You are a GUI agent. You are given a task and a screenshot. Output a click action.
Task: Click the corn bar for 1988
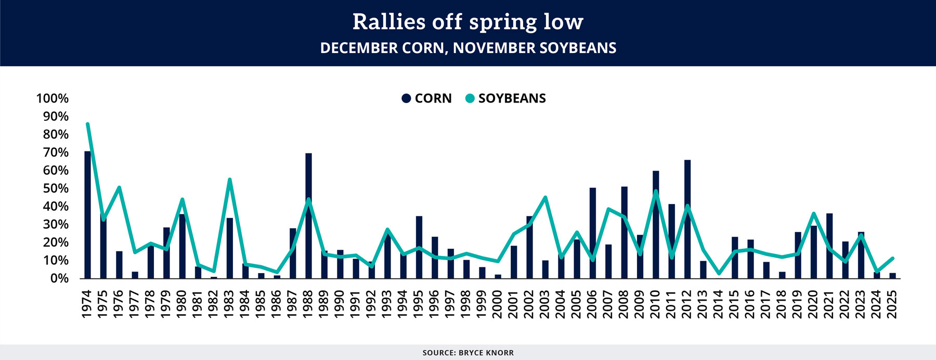pyautogui.click(x=308, y=216)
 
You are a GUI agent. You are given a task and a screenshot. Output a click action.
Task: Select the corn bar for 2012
pyautogui.click(x=687, y=219)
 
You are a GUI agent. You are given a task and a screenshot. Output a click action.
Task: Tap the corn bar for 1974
pyautogui.click(x=87, y=215)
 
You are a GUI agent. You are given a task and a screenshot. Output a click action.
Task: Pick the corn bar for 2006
pyautogui.click(x=593, y=233)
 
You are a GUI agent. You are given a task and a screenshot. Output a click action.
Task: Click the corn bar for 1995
pyautogui.click(x=419, y=247)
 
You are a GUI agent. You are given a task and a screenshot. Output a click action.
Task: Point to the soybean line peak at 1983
pyautogui.click(x=229, y=179)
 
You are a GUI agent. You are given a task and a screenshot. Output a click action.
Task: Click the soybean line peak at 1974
pyautogui.click(x=87, y=124)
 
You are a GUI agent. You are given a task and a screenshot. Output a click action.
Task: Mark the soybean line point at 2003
pyautogui.click(x=545, y=197)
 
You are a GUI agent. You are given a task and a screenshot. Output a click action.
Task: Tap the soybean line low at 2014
pyautogui.click(x=719, y=273)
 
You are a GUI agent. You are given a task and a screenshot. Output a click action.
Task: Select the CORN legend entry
pyautogui.click(x=426, y=98)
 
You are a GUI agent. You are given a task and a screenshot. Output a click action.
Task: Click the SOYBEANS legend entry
pyautogui.click(x=505, y=98)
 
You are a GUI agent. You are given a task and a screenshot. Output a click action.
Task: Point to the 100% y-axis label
pyautogui.click(x=52, y=98)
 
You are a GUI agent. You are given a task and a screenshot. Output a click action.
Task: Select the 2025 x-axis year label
pyautogui.click(x=893, y=304)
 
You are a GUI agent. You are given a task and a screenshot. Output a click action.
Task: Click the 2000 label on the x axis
pyautogui.click(x=498, y=304)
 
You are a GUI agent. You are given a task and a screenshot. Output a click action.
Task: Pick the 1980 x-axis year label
pyautogui.click(x=182, y=304)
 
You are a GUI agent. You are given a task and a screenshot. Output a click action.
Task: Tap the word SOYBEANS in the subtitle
pyautogui.click(x=578, y=48)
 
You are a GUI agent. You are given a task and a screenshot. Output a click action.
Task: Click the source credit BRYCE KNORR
pyautogui.click(x=486, y=353)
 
